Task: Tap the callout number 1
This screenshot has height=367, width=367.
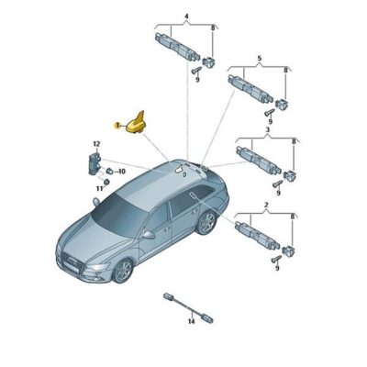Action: [x=116, y=125]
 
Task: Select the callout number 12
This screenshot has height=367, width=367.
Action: [x=95, y=145]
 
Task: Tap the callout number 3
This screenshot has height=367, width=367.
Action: [x=267, y=132]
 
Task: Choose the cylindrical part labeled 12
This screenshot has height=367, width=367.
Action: [x=94, y=163]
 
